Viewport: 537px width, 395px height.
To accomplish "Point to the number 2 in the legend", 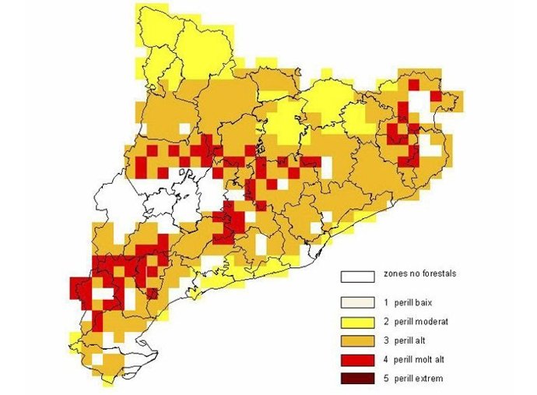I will [386, 321].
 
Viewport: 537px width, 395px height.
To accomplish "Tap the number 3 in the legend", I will [386, 340].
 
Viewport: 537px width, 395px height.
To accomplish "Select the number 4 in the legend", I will [386, 360].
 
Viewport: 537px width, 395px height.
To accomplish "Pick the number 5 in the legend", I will [386, 379].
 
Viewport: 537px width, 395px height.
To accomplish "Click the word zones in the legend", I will [395, 275].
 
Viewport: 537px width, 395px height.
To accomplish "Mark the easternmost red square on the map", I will [436, 96].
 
